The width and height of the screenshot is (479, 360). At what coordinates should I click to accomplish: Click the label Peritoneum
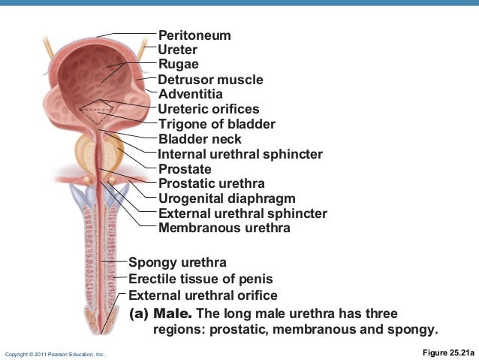tap(194, 35)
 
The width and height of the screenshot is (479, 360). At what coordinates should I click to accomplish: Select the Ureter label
tap(178, 50)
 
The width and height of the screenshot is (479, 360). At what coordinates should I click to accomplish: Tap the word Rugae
tap(179, 65)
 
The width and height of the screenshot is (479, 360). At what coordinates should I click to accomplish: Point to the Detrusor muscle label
tap(210, 80)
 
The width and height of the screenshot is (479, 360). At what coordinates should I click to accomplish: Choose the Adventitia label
tap(190, 94)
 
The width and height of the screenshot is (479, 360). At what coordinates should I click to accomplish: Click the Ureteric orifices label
tap(209, 109)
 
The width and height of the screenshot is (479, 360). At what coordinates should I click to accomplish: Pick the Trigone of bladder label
tap(217, 124)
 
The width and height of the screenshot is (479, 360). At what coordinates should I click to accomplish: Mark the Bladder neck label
tap(200, 139)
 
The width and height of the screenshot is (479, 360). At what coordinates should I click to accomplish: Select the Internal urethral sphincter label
tap(240, 154)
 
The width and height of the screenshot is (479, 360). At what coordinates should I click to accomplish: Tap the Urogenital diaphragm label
tap(227, 198)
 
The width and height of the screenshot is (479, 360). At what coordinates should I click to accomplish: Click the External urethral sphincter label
tap(243, 213)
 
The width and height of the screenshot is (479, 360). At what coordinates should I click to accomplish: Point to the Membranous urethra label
tap(224, 228)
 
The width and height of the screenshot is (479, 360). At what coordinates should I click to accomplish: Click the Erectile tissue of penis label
tap(200, 279)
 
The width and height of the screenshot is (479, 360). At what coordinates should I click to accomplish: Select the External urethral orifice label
tap(203, 295)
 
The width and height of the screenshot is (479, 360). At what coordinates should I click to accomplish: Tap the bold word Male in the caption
tap(173, 313)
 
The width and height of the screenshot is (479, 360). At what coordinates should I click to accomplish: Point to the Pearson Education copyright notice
tap(56, 353)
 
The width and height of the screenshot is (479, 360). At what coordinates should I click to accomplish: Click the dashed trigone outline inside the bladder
tap(98, 113)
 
